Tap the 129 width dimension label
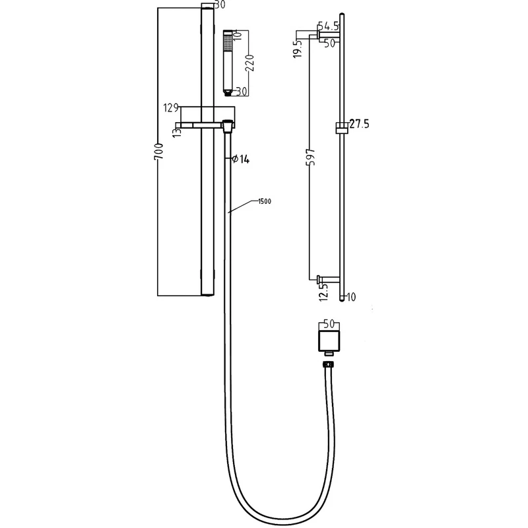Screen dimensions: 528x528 (x=171, y=108)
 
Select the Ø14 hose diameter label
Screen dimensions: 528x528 (x=240, y=159)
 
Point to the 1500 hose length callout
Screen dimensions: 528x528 (x=265, y=201)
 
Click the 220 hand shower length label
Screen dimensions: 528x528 (x=250, y=63)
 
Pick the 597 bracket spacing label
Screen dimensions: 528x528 (x=311, y=156)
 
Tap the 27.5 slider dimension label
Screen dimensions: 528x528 (x=359, y=124)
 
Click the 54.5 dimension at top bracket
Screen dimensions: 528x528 (x=328, y=26)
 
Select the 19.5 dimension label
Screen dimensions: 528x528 (x=298, y=49)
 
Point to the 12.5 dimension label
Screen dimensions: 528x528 (x=323, y=292)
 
